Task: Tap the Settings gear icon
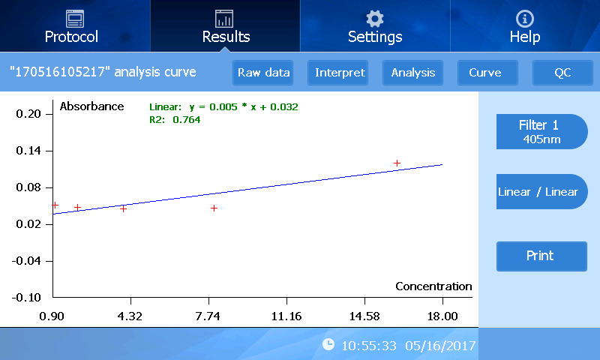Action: click(374, 19)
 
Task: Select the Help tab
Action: click(525, 27)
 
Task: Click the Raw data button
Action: click(263, 73)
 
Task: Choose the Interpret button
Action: click(340, 73)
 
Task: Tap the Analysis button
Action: click(413, 73)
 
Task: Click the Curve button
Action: click(484, 73)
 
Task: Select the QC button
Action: click(562, 73)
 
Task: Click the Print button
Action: click(541, 256)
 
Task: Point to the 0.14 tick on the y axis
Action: click(31, 151)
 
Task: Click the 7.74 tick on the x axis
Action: click(207, 316)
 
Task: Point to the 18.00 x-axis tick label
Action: click(442, 316)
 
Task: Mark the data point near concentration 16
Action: click(397, 163)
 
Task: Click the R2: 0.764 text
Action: click(175, 119)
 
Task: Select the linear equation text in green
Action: click(223, 107)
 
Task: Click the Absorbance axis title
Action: click(91, 106)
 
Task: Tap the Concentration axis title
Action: click(433, 286)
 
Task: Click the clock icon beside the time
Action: click(328, 344)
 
